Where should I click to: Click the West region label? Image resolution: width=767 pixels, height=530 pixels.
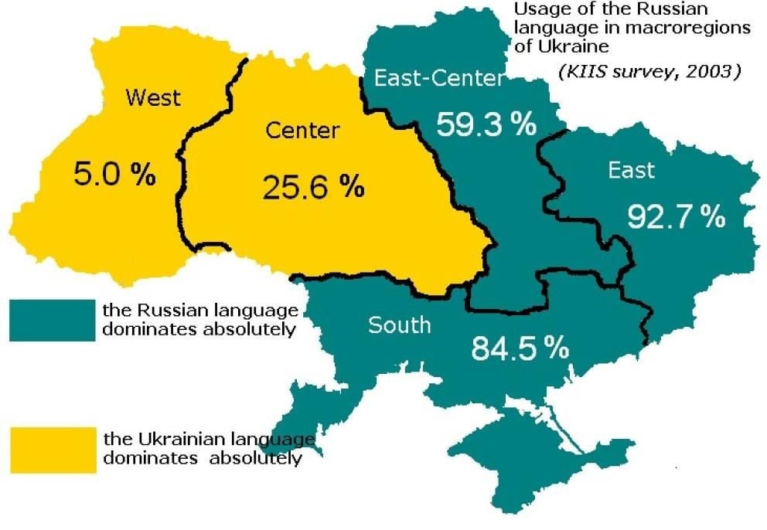pyautogui.click(x=153, y=98)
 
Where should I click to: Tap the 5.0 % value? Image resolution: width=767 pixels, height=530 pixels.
pyautogui.click(x=114, y=175)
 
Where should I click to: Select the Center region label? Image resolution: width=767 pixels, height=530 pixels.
pyautogui.click(x=302, y=130)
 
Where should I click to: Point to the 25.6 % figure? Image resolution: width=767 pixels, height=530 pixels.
pyautogui.click(x=313, y=186)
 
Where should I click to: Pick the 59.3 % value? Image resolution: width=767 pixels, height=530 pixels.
pyautogui.click(x=486, y=124)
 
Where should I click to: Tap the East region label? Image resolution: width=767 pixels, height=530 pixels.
pyautogui.click(x=631, y=170)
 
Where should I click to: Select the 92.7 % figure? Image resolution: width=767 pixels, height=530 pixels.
pyautogui.click(x=676, y=218)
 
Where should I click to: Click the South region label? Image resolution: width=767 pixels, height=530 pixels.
pyautogui.click(x=399, y=324)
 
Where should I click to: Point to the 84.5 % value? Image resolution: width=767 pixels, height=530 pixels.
pyautogui.click(x=520, y=349)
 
